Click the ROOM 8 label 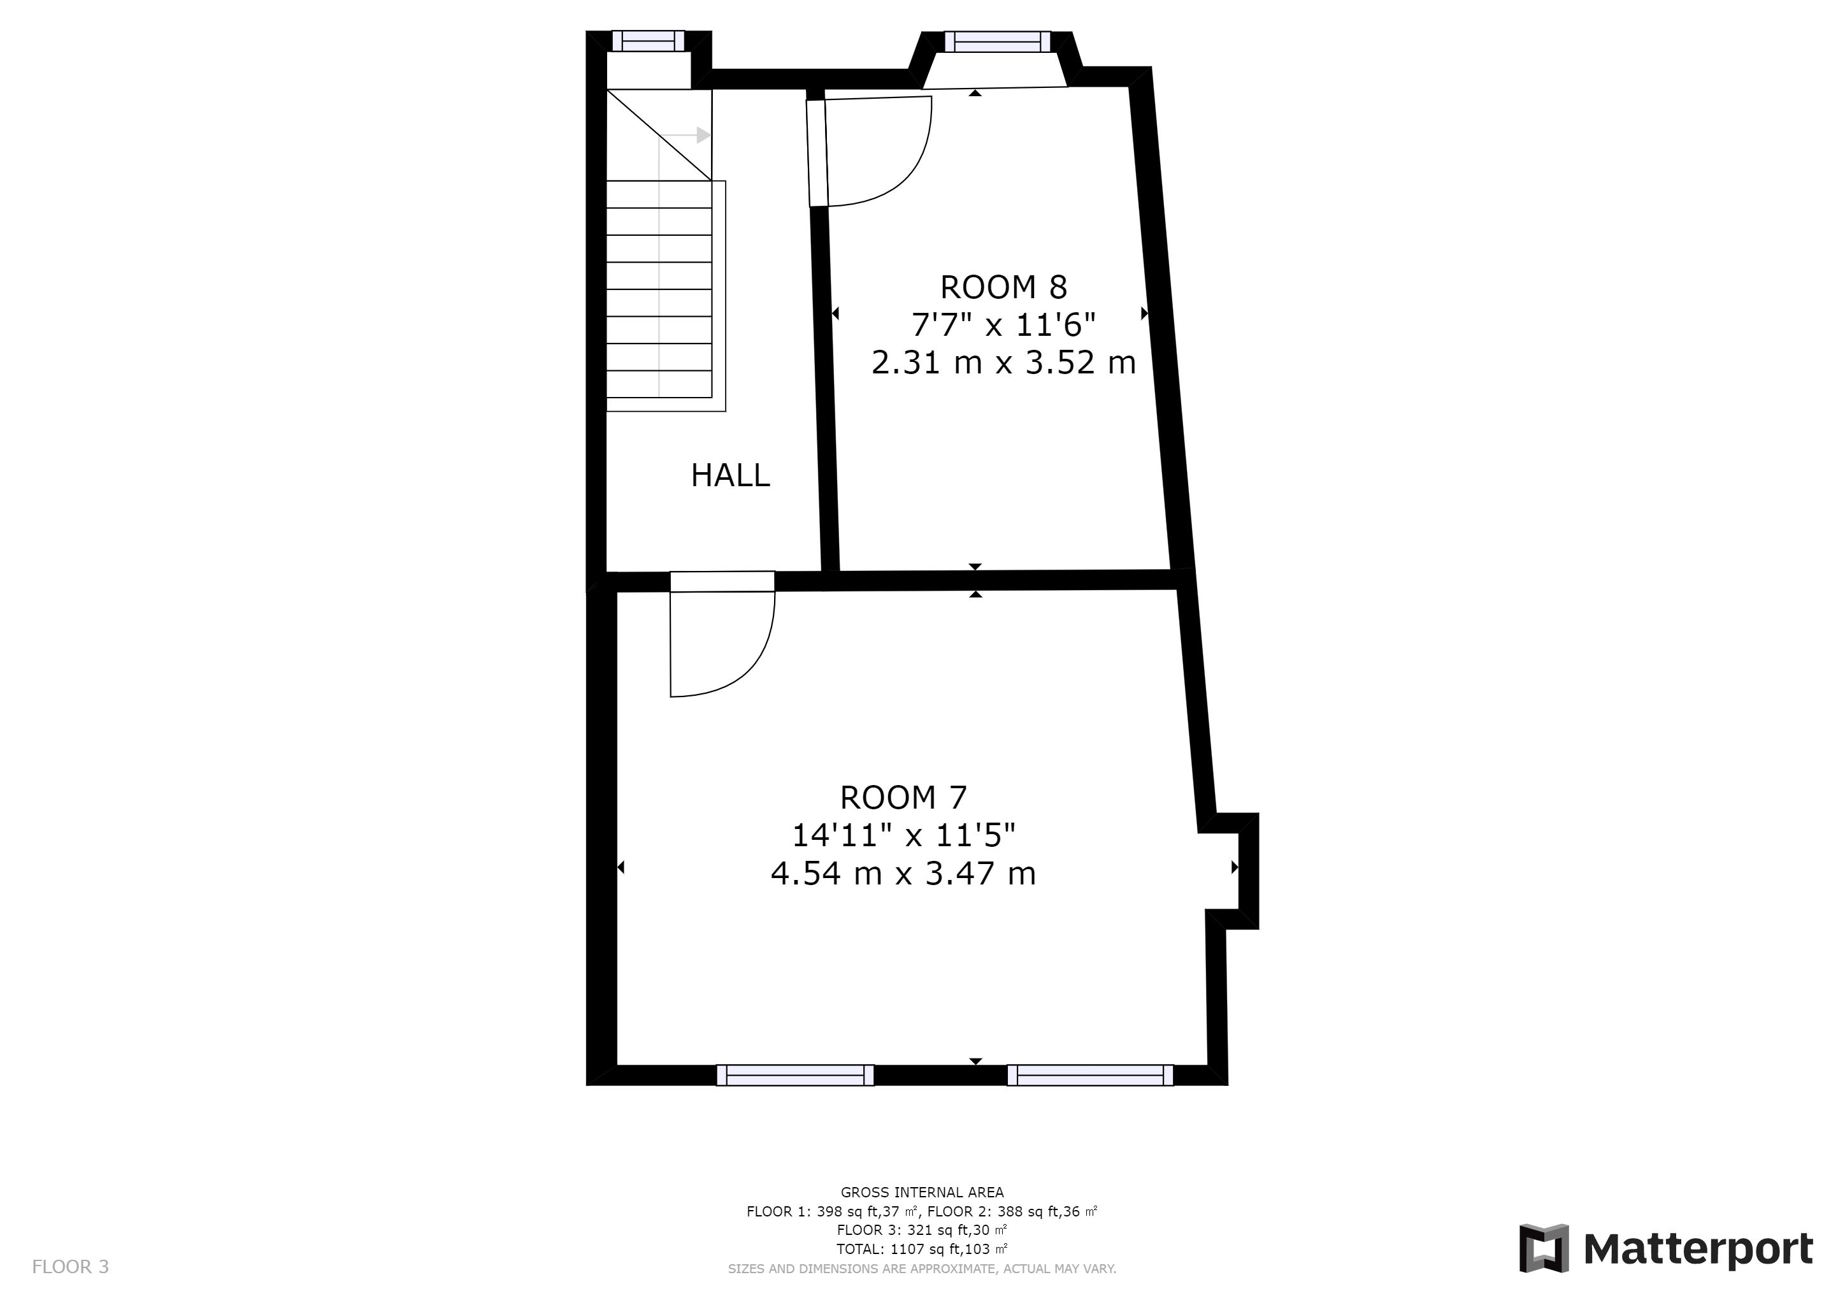[1003, 287]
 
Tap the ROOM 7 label [903, 798]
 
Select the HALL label [731, 476]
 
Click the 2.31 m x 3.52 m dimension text [1003, 363]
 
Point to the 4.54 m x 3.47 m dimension [903, 874]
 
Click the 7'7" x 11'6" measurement [1003, 324]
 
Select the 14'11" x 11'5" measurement [903, 836]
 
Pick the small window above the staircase [649, 41]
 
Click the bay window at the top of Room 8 [997, 41]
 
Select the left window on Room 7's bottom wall [796, 1075]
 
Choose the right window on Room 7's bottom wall [1091, 1075]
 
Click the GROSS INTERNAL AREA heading [922, 1192]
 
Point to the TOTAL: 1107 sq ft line [922, 1250]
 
